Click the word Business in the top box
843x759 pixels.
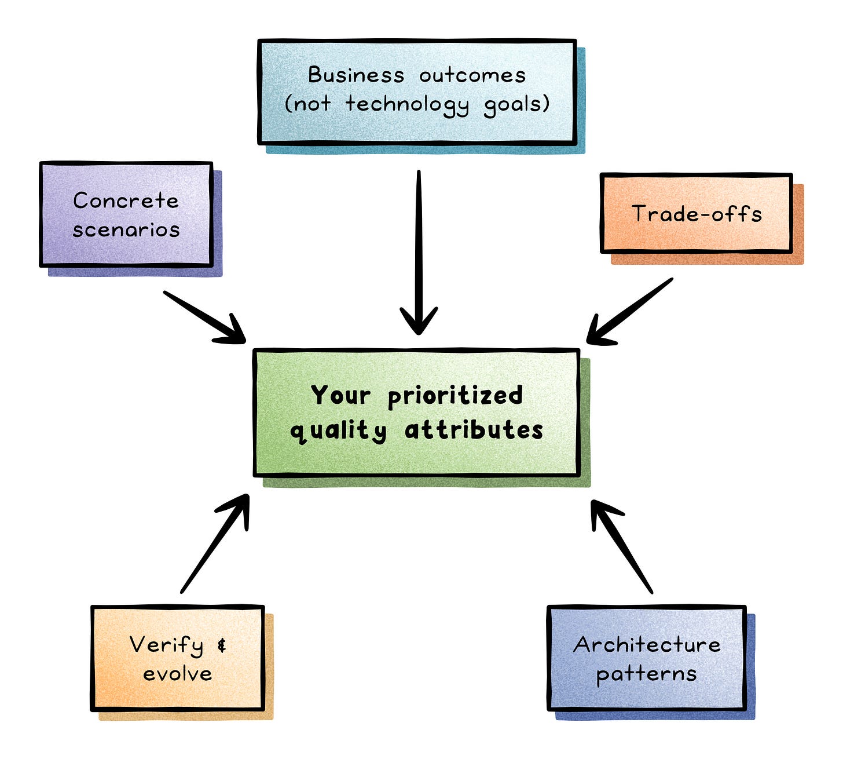tap(355, 75)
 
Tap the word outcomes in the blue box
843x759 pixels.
tap(472, 75)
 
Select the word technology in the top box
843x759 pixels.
tap(407, 104)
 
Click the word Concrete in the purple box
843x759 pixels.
tap(126, 200)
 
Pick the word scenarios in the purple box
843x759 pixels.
tap(126, 229)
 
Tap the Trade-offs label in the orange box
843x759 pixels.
tap(697, 214)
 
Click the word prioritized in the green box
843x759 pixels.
tap(455, 396)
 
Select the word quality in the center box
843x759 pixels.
tap(338, 431)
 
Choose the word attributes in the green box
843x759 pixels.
tap(474, 430)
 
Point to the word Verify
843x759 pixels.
tap(166, 645)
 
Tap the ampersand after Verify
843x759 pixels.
tap(222, 645)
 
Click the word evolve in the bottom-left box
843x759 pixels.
tap(177, 674)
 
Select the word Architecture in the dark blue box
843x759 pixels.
tap(647, 645)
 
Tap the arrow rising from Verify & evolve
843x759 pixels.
tap(214, 545)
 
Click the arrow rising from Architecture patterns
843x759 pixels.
tap(622, 548)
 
